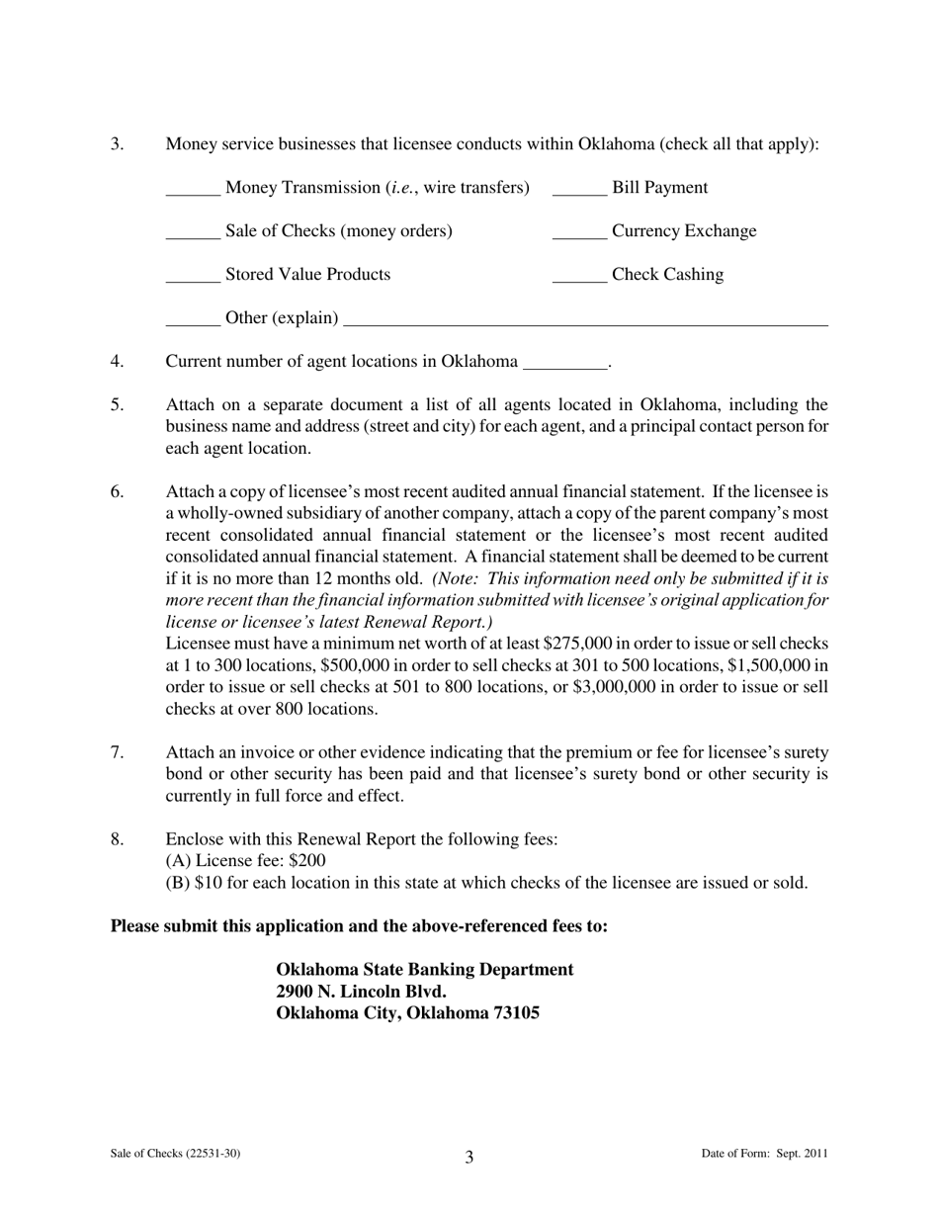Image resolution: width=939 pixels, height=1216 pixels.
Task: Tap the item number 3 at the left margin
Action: pos(117,144)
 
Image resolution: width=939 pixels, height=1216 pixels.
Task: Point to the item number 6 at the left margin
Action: pos(117,491)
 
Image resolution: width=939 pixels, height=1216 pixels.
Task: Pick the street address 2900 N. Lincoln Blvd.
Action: pos(361,992)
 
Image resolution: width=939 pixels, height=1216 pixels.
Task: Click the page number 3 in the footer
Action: pos(469,1158)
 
